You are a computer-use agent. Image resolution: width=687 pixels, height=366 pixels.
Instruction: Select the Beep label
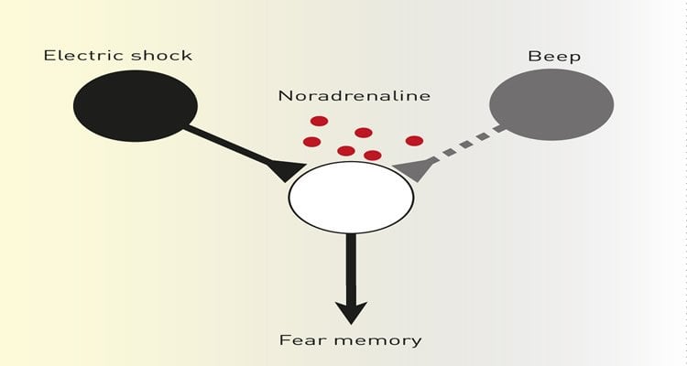pyautogui.click(x=554, y=56)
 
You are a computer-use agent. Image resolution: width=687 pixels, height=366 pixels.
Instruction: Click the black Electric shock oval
pyautogui.click(x=136, y=105)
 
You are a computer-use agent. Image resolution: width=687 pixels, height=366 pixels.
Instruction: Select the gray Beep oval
pyautogui.click(x=551, y=103)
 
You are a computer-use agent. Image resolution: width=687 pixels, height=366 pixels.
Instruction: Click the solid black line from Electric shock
pyautogui.click(x=229, y=146)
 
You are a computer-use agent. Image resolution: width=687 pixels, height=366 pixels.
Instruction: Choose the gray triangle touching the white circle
pyautogui.click(x=409, y=167)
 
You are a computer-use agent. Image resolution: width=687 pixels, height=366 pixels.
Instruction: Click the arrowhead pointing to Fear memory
pyautogui.click(x=350, y=311)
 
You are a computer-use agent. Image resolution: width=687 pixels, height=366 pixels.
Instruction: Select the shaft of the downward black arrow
pyautogui.click(x=350, y=265)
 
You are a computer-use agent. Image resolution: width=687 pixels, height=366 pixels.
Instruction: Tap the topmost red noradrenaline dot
pyautogui.click(x=319, y=121)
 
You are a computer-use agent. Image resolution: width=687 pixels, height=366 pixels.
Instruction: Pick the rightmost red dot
pyautogui.click(x=414, y=141)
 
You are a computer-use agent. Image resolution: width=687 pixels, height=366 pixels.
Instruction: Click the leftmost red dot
pyautogui.click(x=311, y=142)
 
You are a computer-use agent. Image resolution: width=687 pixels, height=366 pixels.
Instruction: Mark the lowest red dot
pyautogui.click(x=372, y=156)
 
